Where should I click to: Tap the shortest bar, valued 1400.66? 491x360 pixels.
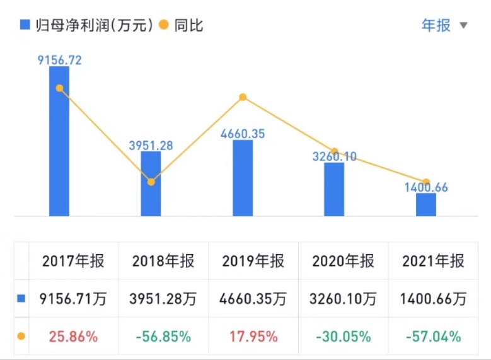[x=426, y=205]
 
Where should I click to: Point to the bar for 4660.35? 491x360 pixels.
[x=243, y=178]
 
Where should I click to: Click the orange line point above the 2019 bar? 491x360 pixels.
[x=243, y=97]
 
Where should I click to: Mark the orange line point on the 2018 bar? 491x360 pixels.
[x=151, y=182]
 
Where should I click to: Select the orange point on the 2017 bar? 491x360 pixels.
[x=59, y=88]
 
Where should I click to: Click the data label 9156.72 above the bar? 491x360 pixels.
[x=59, y=61]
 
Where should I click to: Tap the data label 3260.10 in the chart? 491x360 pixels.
[x=334, y=155]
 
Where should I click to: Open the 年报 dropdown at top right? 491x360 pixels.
[x=444, y=25]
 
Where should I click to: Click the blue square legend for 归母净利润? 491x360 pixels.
[x=25, y=25]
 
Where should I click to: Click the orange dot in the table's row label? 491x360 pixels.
[x=21, y=337]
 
